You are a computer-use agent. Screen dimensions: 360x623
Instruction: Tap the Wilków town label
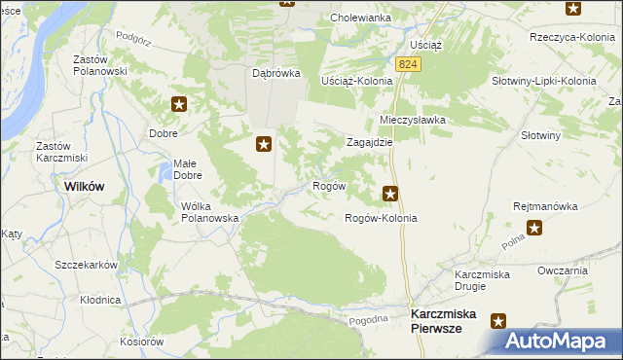[85, 186]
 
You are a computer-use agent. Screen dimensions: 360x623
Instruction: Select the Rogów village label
[328, 186]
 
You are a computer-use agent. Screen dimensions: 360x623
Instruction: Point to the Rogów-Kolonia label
[382, 219]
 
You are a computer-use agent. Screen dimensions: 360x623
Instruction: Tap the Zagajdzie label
[370, 141]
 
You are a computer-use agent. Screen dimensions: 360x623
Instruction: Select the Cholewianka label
[360, 18]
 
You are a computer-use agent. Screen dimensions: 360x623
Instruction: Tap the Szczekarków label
[86, 265]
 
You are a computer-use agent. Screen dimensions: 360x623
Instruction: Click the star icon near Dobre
[180, 104]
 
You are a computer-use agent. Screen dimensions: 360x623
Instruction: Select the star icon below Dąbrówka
[263, 145]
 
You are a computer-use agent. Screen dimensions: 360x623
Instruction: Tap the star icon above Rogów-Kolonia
[391, 194]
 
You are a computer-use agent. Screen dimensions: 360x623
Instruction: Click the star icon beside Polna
[534, 229]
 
